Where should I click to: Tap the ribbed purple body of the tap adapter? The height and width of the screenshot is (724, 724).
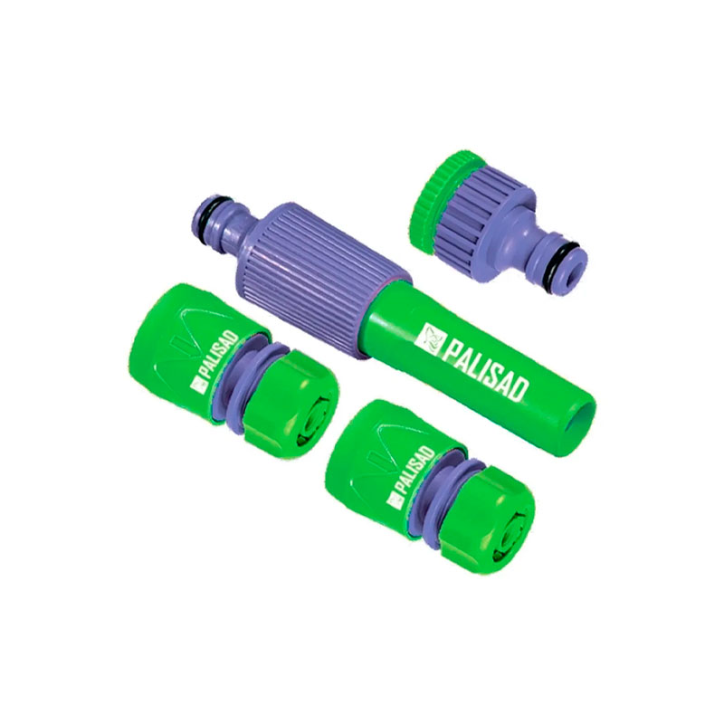tap(482, 217)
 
